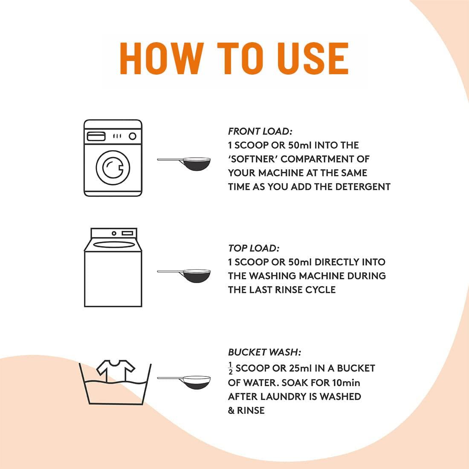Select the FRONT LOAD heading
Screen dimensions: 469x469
pyautogui.click(x=260, y=131)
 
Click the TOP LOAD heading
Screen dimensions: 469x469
pyautogui.click(x=254, y=248)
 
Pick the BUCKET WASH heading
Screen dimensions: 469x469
pyautogui.click(x=264, y=352)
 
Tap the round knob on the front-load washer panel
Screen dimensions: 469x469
pyautogui.click(x=133, y=136)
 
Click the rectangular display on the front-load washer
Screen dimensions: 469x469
pyautogui.click(x=96, y=136)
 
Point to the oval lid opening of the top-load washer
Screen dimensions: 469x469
pyautogui.click(x=114, y=245)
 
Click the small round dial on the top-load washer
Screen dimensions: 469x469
pyautogui.click(x=114, y=233)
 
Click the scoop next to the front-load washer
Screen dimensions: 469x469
pyautogui.click(x=184, y=164)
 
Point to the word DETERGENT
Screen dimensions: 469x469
pyautogui.click(x=363, y=187)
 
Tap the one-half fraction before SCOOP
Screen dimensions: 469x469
pyautogui.click(x=230, y=368)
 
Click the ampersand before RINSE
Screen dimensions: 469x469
pyautogui.click(x=231, y=410)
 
